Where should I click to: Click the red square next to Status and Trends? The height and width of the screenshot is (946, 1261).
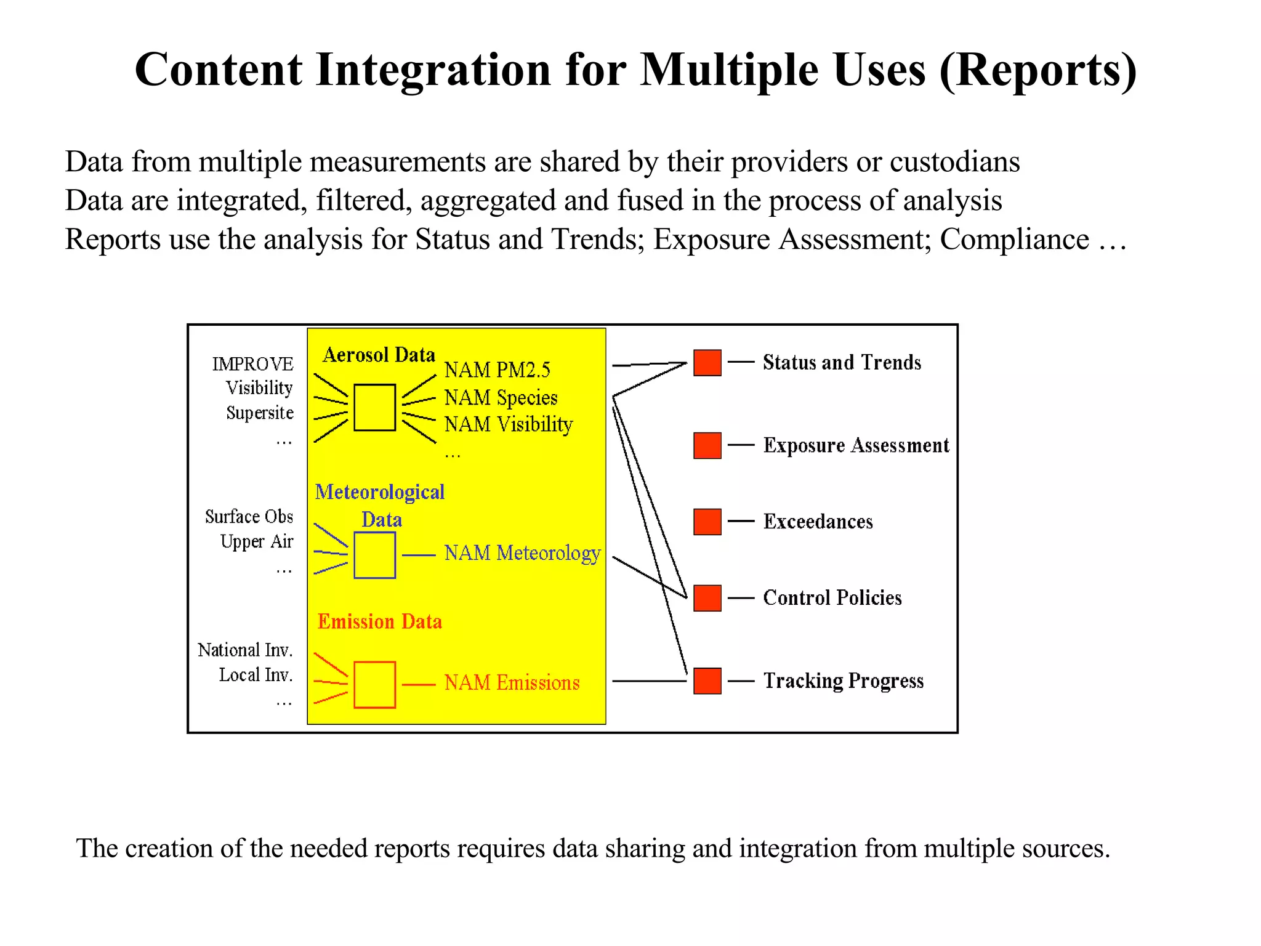click(x=707, y=363)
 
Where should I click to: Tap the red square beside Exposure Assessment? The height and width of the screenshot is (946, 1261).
click(x=707, y=445)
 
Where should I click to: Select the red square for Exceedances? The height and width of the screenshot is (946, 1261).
click(x=707, y=522)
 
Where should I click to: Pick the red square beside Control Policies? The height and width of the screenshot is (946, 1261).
click(x=707, y=598)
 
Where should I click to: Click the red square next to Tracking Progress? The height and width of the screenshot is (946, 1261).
click(x=707, y=681)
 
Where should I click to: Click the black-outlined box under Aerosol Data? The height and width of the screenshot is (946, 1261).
click(x=374, y=407)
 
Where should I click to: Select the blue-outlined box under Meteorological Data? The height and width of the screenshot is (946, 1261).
click(x=374, y=555)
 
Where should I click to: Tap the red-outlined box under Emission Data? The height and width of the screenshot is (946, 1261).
click(x=374, y=684)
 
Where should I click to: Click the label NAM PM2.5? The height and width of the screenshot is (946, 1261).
click(x=497, y=370)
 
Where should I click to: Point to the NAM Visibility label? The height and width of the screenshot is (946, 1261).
click(x=509, y=424)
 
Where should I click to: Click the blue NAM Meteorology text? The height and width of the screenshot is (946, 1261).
click(x=522, y=553)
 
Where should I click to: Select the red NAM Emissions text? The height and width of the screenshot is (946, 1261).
click(x=512, y=682)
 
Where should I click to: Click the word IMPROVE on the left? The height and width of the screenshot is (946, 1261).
click(x=252, y=364)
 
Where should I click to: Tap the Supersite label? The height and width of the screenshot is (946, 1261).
click(x=259, y=413)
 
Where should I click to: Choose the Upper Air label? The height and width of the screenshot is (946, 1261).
click(x=256, y=541)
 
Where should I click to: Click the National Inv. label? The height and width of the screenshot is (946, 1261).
click(x=245, y=650)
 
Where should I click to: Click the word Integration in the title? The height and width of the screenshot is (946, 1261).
click(x=433, y=70)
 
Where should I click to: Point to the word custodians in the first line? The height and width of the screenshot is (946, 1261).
click(x=954, y=162)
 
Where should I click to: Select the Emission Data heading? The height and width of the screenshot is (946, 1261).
click(x=379, y=621)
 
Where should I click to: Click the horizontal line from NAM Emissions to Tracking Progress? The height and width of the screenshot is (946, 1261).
click(x=649, y=681)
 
